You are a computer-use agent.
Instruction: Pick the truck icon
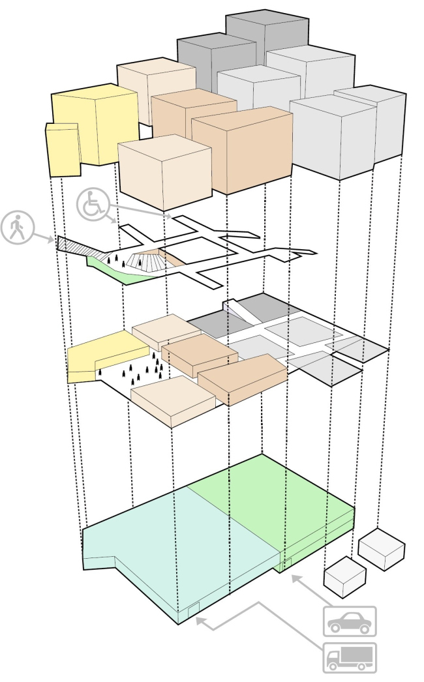click(350, 657)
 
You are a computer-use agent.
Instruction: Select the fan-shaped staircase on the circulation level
click(145, 261)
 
